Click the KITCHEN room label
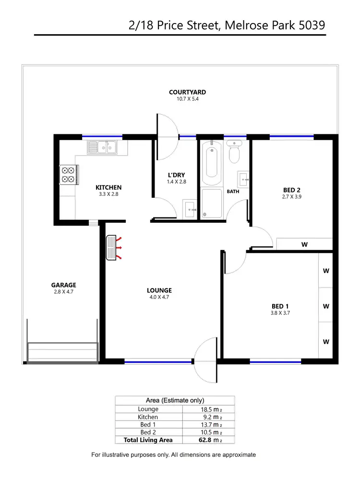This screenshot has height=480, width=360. pos(108,187)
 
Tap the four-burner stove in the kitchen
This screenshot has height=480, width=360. pos(68,175)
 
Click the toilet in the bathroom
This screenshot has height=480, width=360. pos(235,152)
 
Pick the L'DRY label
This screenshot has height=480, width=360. pos(176,175)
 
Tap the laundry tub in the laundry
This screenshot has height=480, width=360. pos(190,209)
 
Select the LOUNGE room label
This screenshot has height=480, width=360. pos(159,290)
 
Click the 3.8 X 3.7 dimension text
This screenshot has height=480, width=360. pos(281,312)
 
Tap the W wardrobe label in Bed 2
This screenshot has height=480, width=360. pos(304,244)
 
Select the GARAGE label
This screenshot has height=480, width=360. pos(63,285)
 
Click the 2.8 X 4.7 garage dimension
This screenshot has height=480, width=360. pos(63,291)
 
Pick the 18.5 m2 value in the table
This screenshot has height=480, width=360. pos(209,409)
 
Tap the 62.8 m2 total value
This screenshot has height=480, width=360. pos(209,440)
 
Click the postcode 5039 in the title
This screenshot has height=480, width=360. pos(312,24)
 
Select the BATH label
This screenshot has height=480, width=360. pos(233,192)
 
